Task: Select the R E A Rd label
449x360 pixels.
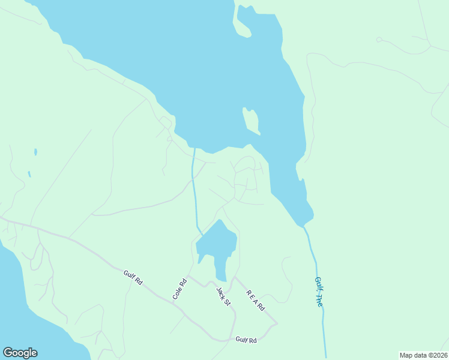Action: (255, 300)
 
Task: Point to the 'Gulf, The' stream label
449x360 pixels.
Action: (319, 292)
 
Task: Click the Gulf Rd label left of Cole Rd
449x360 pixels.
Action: (133, 277)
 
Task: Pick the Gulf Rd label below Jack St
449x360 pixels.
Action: (246, 340)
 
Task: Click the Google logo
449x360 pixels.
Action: (20, 353)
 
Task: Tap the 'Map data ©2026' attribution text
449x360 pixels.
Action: (423, 355)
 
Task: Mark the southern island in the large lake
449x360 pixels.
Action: (251, 121)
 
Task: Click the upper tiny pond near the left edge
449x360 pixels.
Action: (35, 152)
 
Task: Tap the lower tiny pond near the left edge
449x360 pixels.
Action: (29, 175)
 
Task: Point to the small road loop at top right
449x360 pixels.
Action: (379, 40)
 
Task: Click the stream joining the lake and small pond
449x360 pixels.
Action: (194, 192)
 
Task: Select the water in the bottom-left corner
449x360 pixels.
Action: (18, 300)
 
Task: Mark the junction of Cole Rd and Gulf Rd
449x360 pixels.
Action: (174, 302)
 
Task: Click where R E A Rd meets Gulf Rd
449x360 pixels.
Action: (276, 324)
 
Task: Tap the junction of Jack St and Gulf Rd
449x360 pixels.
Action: (232, 340)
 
